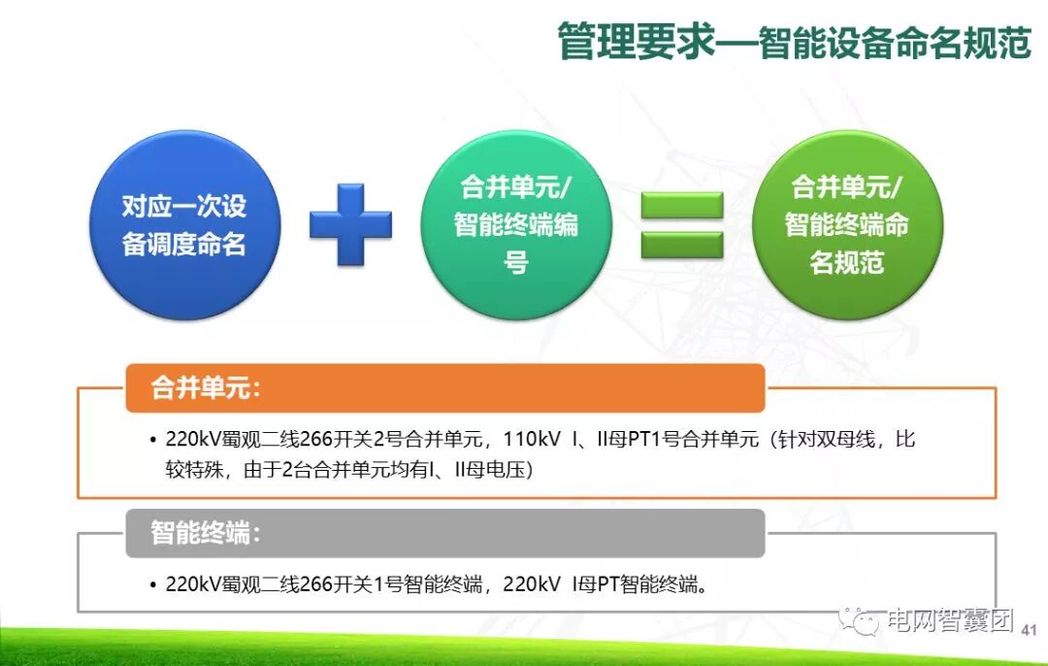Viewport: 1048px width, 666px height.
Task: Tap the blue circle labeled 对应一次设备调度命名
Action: point(184,225)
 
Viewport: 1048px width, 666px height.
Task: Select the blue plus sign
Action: point(350,224)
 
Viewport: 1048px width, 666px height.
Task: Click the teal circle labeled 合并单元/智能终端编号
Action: point(516,225)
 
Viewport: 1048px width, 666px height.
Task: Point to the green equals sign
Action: point(682,224)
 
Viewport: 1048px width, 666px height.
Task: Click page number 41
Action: point(1031,629)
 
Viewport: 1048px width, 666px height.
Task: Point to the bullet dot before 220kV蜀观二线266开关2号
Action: point(153,440)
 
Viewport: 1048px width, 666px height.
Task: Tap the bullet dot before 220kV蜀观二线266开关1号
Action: point(153,585)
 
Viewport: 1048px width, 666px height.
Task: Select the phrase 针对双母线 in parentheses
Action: point(826,440)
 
